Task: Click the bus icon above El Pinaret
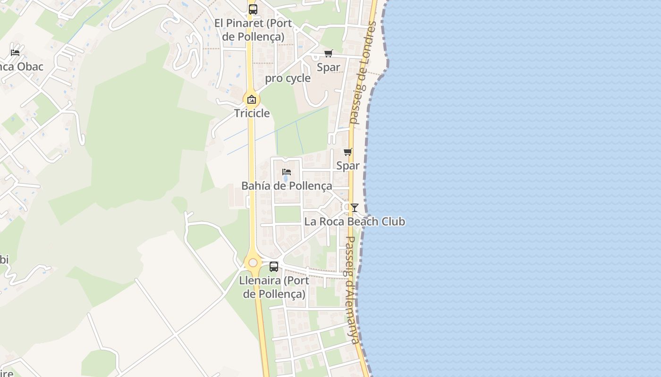click(x=253, y=9)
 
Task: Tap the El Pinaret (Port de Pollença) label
click(x=253, y=30)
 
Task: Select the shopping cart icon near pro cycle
click(x=328, y=54)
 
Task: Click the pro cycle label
click(x=288, y=78)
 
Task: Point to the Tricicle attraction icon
click(x=252, y=99)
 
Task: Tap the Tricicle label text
click(x=252, y=113)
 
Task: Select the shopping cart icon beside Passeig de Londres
click(x=348, y=152)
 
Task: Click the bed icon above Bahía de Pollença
click(x=286, y=172)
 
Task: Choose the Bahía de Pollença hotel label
click(x=287, y=186)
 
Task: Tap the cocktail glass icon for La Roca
click(x=355, y=208)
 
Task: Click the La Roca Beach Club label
click(x=355, y=221)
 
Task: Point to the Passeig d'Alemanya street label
click(x=352, y=289)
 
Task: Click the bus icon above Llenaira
click(x=274, y=266)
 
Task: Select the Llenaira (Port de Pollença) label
click(x=274, y=287)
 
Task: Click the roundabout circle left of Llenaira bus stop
click(x=253, y=262)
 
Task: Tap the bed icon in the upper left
click(x=15, y=52)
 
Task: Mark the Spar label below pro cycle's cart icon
click(x=328, y=67)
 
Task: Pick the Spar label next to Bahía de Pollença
click(x=348, y=165)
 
